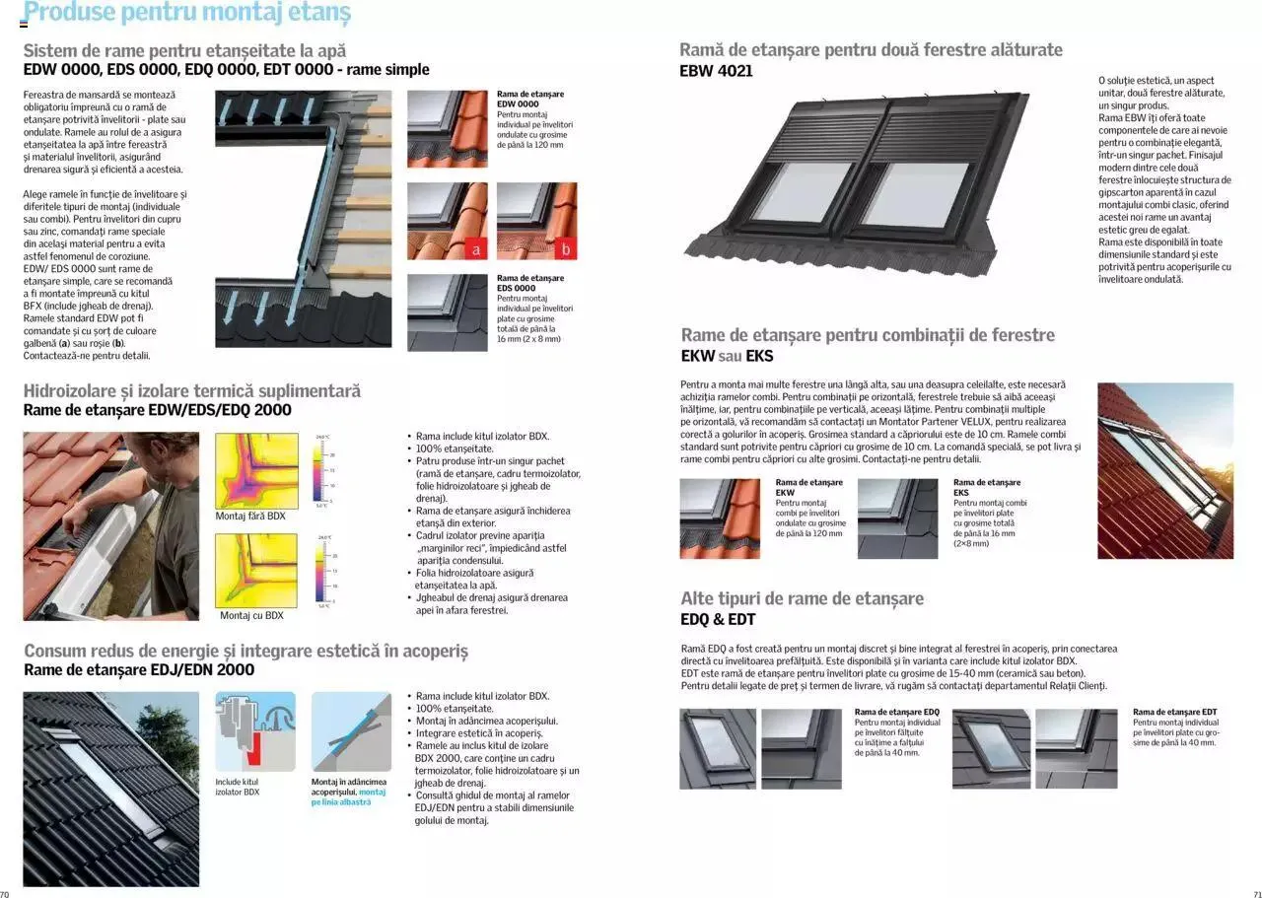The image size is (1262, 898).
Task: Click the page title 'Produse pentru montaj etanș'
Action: [x=186, y=14]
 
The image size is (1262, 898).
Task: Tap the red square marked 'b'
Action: [x=566, y=250]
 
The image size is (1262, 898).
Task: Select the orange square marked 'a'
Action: [x=476, y=250]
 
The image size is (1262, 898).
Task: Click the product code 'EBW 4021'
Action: [x=716, y=71]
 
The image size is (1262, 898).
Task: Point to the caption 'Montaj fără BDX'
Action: [x=250, y=516]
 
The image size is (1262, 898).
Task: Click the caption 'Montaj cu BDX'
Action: [x=251, y=615]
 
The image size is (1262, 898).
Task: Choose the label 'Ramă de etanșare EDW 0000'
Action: [x=530, y=99]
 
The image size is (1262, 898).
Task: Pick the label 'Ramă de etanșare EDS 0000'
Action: [x=530, y=283]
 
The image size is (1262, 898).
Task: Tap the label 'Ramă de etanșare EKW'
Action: [x=808, y=487]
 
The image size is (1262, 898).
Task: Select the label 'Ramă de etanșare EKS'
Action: [x=986, y=487]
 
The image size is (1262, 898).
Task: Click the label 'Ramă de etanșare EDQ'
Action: [x=896, y=712]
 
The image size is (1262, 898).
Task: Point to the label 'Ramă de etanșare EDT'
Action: [x=1174, y=712]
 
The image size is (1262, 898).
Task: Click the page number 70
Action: [x=5, y=893]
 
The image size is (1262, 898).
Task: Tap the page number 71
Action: [x=1256, y=893]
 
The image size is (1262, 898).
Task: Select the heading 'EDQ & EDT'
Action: [x=718, y=620]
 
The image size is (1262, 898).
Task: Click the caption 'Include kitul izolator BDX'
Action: [x=238, y=787]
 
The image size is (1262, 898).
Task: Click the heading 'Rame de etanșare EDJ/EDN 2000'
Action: [x=139, y=670]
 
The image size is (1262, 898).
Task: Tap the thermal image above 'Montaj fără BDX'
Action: [x=256, y=470]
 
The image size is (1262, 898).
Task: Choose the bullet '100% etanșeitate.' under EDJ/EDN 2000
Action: [x=455, y=709]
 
